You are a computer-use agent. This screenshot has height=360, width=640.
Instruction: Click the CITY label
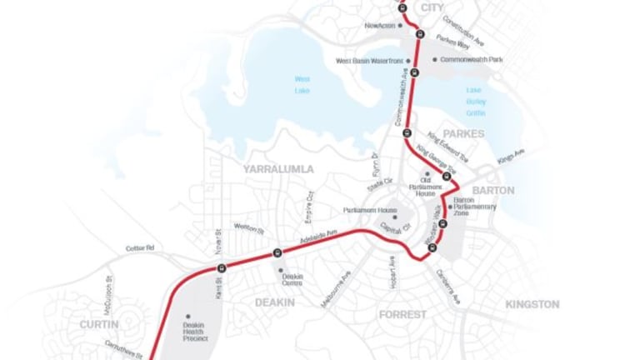[x=432, y=7]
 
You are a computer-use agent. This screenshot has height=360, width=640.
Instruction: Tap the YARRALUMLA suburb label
[x=278, y=169]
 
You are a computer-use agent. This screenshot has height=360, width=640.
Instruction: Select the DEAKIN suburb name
[x=276, y=302]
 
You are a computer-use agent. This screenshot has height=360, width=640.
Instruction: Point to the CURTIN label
[x=100, y=323]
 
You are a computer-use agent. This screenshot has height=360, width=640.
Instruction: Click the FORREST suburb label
[x=402, y=315]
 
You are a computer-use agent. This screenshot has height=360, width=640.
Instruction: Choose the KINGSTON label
[x=532, y=305]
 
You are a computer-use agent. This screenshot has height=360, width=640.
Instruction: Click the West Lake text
[x=302, y=84]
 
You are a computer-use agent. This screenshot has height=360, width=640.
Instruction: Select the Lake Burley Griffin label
[x=475, y=102]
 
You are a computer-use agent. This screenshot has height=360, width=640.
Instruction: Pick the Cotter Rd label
[x=140, y=248]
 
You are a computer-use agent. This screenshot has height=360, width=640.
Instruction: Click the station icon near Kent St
[x=222, y=267]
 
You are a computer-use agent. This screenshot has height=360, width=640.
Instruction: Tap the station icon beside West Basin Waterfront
[x=415, y=72]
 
